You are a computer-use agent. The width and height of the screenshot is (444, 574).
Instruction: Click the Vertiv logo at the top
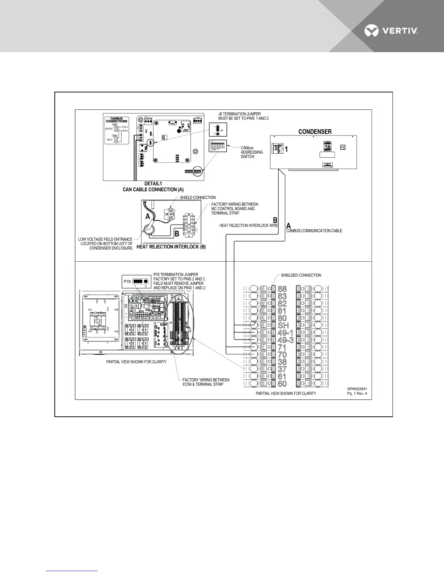tap(392, 32)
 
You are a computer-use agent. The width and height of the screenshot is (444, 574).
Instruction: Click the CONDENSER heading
tap(315, 132)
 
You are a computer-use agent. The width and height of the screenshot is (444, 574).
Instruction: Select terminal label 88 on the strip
tap(282, 289)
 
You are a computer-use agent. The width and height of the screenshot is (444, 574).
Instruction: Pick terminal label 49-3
tap(285, 340)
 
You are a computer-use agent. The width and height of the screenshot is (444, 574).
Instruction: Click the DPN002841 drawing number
tap(359, 388)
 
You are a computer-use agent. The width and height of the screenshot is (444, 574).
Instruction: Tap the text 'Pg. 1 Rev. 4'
tap(359, 394)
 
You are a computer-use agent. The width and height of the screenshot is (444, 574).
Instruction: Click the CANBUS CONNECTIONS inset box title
tap(116, 120)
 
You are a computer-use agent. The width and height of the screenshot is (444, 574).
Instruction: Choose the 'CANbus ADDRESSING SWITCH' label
tap(252, 152)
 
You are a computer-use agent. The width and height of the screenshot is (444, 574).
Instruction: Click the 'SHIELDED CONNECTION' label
tap(301, 275)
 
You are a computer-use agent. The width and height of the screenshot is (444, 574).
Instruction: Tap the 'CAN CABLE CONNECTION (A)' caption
tap(153, 190)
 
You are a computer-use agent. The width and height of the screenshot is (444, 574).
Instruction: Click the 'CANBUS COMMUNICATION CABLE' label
tap(314, 231)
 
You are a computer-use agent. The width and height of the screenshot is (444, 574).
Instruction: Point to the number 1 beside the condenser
tap(286, 149)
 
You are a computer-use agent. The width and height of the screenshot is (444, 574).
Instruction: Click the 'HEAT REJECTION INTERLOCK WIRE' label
tap(248, 225)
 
